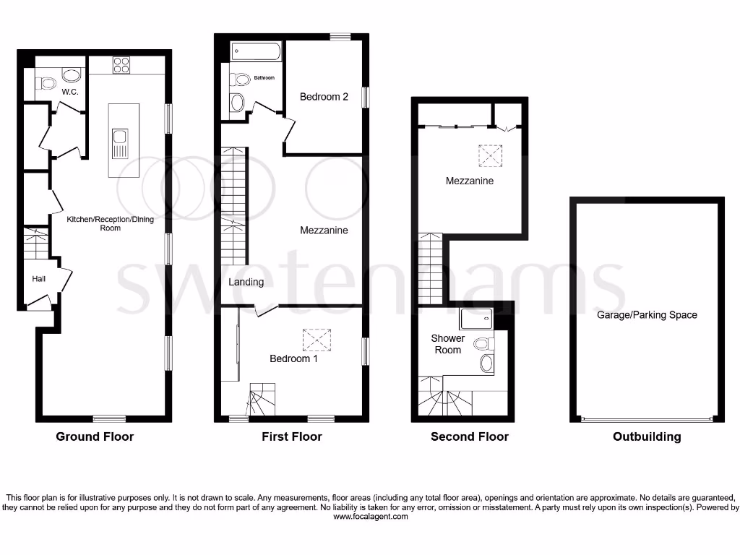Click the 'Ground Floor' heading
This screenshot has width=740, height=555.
coord(95,436)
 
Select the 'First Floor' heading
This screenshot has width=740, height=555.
coord(292,436)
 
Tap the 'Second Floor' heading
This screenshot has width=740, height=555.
coord(469,436)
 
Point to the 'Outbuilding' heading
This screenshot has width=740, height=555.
coord(646,436)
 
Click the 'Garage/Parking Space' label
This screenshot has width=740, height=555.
coord(647,315)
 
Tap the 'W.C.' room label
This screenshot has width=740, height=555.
coord(70,92)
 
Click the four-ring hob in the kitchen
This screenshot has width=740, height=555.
coord(121,64)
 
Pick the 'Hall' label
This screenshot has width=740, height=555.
coord(39,278)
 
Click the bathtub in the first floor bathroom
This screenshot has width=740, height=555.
coord(257,53)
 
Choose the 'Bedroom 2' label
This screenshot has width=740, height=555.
coord(324,97)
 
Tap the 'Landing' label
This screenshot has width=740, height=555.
coord(246,282)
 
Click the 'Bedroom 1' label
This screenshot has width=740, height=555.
coord(293,358)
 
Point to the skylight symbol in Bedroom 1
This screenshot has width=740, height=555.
coord(316,339)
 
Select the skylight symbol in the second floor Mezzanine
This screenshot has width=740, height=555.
coord(490,155)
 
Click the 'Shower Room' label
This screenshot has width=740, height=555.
coord(448,344)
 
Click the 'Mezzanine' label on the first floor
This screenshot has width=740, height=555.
coord(324,231)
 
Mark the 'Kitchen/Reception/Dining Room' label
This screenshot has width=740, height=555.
coord(111,223)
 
